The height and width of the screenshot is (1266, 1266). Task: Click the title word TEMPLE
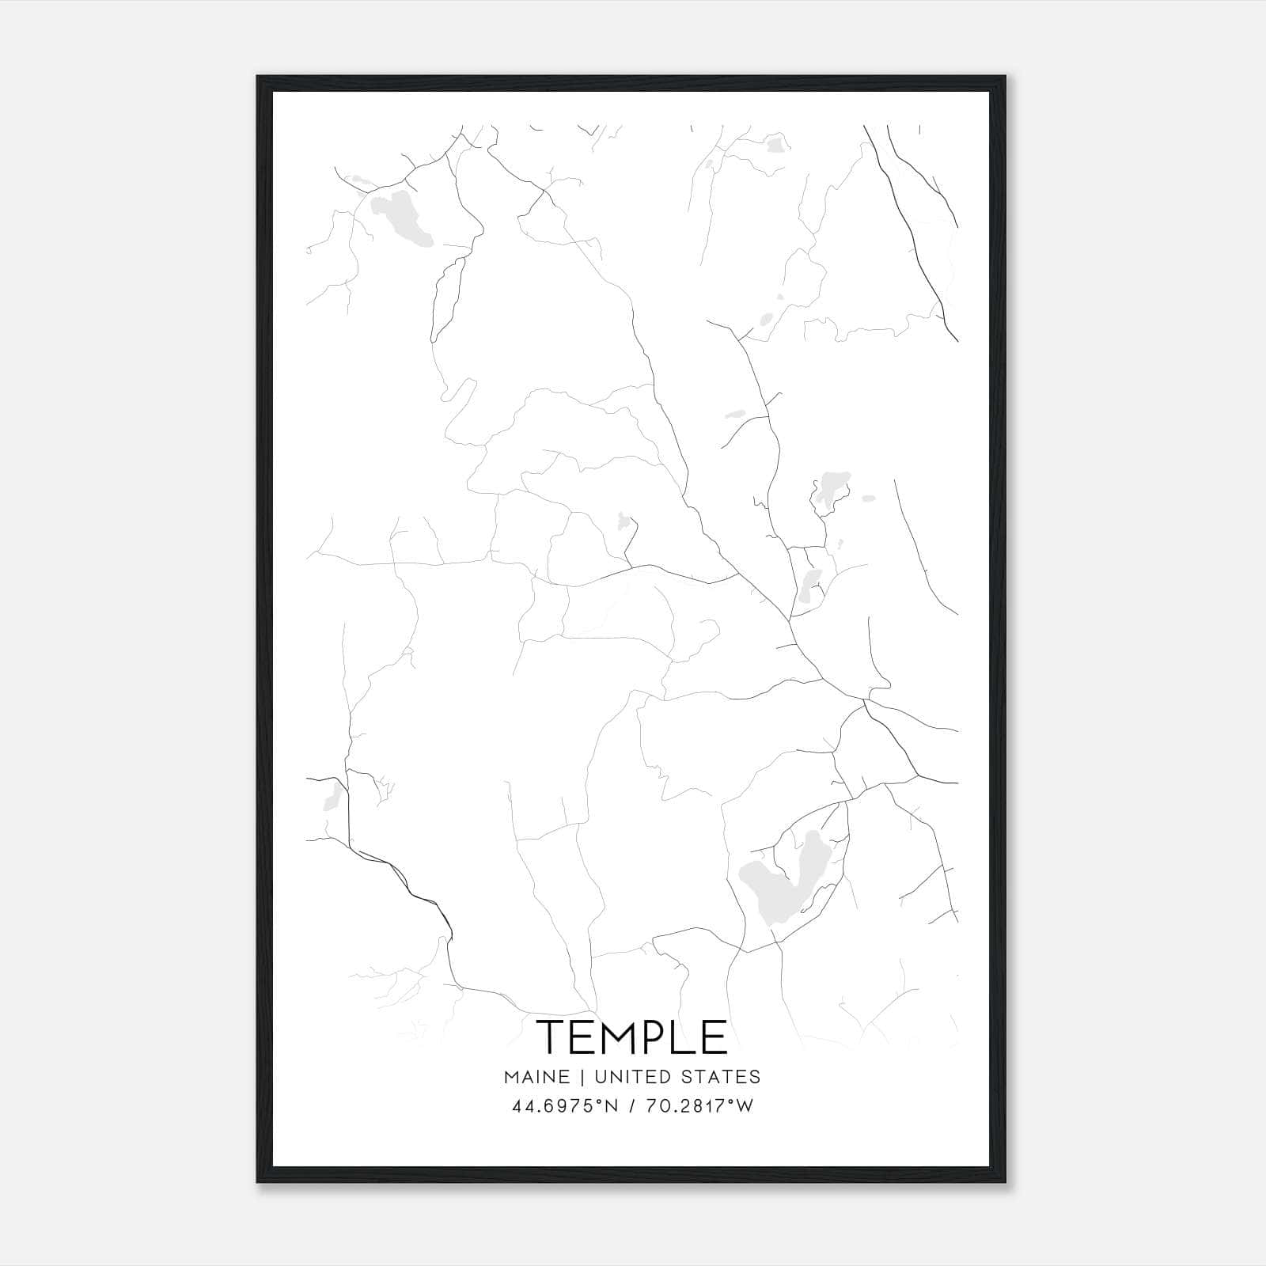click(632, 1037)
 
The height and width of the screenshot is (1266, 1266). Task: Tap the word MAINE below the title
click(536, 1076)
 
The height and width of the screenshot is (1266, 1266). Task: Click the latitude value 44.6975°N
click(563, 1106)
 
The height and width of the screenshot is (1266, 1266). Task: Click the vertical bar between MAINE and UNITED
click(582, 1076)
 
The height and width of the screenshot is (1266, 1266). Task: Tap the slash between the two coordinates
click(631, 1106)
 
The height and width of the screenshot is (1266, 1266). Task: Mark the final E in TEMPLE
click(714, 1037)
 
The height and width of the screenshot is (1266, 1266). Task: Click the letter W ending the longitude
click(745, 1106)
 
